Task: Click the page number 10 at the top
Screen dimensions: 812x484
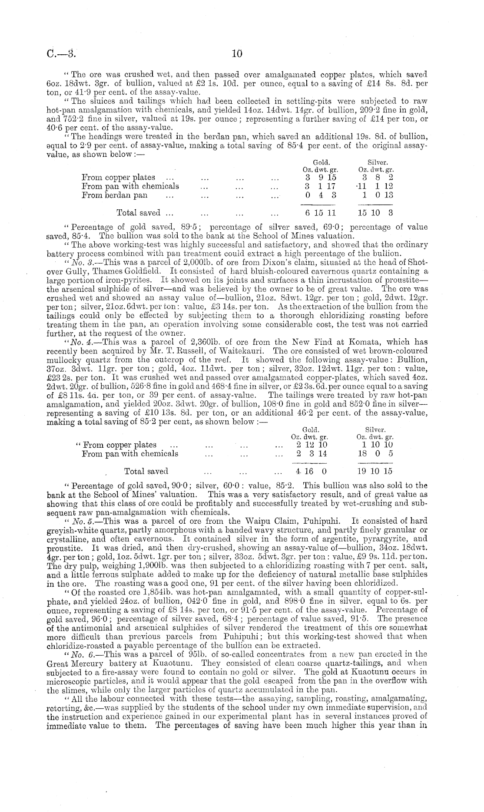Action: tap(236, 54)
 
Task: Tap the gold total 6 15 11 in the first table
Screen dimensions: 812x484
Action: tap(321, 213)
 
